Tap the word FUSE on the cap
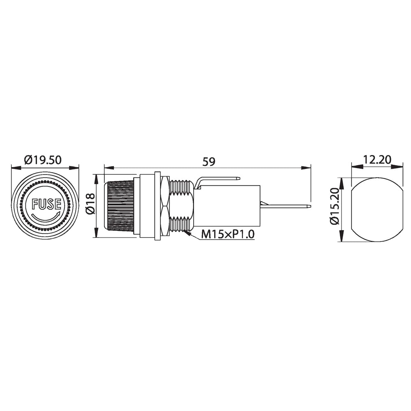coord(46,204)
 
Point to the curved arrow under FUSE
coord(46,217)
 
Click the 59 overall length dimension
coord(209,161)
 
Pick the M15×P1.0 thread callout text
coord(228,234)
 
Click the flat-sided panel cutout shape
coord(377,210)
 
